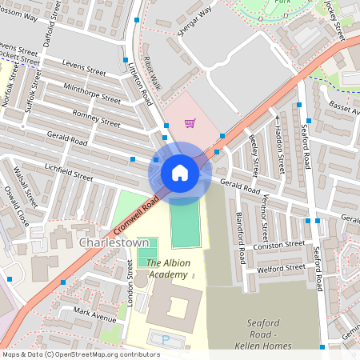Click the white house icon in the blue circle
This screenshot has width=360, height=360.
tap(179, 172)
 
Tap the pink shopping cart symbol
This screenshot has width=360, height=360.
tap(190, 123)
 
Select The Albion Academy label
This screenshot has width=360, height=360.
tap(167, 268)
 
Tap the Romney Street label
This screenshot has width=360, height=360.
tap(96, 119)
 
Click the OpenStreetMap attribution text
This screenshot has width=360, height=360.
tap(80, 354)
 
